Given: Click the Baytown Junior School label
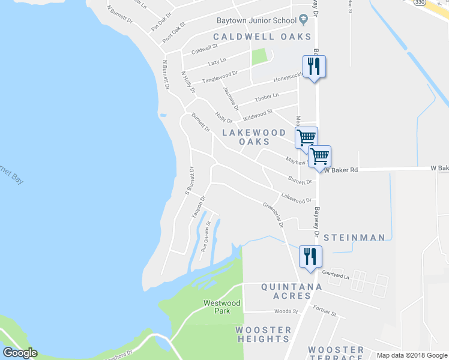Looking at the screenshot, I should (x=256, y=20).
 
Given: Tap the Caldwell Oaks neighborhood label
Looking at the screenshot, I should (x=262, y=37).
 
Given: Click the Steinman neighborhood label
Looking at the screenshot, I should (x=354, y=238).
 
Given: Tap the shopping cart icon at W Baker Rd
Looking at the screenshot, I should (x=319, y=156).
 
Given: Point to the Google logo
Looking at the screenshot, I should (x=19, y=353).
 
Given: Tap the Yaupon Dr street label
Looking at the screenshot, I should (x=198, y=206).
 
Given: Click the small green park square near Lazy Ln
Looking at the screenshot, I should (x=259, y=57).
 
